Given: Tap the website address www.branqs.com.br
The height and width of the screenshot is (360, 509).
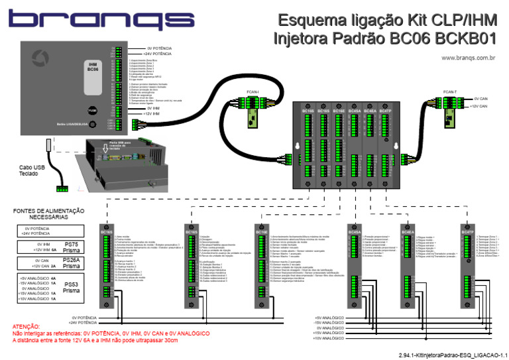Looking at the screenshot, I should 469,58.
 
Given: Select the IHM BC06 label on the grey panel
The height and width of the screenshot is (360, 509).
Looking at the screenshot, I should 93,66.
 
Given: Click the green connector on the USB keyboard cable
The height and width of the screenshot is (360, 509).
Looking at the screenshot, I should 62,190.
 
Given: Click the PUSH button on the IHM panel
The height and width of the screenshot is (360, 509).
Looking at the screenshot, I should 93,111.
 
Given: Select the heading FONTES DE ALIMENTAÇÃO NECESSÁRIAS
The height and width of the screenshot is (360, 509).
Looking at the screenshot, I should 49,214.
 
